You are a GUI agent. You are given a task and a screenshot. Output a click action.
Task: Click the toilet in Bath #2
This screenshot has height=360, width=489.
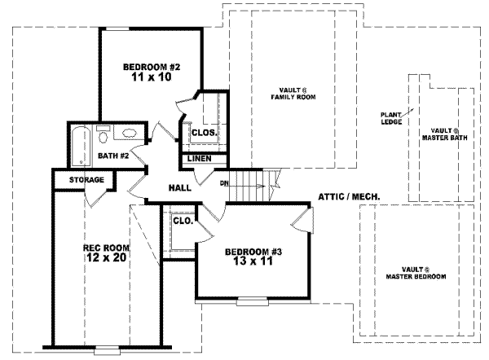104,134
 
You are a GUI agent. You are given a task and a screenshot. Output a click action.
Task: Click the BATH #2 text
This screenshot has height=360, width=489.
113,155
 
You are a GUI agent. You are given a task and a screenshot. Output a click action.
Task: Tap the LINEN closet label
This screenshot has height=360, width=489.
201,158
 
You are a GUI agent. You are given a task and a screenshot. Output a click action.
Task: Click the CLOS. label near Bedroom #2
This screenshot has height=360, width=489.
202,133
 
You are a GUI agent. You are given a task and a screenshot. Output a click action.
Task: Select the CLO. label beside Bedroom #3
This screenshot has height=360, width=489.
182,220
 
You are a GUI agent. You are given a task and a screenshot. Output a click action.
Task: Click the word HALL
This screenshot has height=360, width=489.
179,187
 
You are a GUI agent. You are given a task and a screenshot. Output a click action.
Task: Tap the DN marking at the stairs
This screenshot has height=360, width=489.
222,183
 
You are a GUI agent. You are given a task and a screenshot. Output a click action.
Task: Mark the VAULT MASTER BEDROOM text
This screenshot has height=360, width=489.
416,273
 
